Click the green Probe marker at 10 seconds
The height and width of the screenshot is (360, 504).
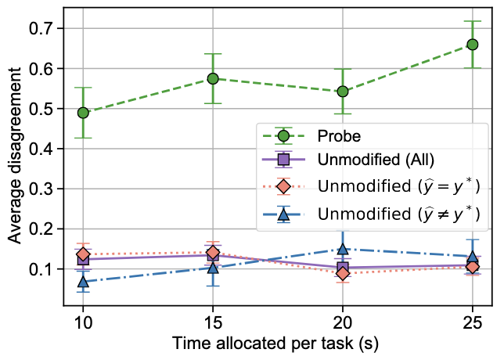click(x=83, y=113)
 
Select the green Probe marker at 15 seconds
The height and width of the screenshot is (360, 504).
click(x=212, y=78)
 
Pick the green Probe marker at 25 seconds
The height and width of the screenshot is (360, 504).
click(x=473, y=44)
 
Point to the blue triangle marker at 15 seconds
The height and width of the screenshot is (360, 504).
click(x=212, y=268)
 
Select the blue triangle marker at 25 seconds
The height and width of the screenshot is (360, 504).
click(x=473, y=257)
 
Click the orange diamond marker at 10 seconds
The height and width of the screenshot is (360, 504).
click(x=83, y=254)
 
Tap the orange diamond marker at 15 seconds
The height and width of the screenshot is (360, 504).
click(x=212, y=252)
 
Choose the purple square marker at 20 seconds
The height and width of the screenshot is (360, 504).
click(x=343, y=268)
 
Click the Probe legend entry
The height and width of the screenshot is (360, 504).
click(x=339, y=135)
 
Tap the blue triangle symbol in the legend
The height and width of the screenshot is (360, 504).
click(x=284, y=212)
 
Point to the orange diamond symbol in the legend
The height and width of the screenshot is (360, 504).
click(x=284, y=186)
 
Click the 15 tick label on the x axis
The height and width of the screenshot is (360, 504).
click(x=212, y=323)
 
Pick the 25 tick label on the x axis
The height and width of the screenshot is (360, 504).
click(x=473, y=323)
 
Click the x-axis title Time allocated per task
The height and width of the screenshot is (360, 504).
click(x=278, y=344)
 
